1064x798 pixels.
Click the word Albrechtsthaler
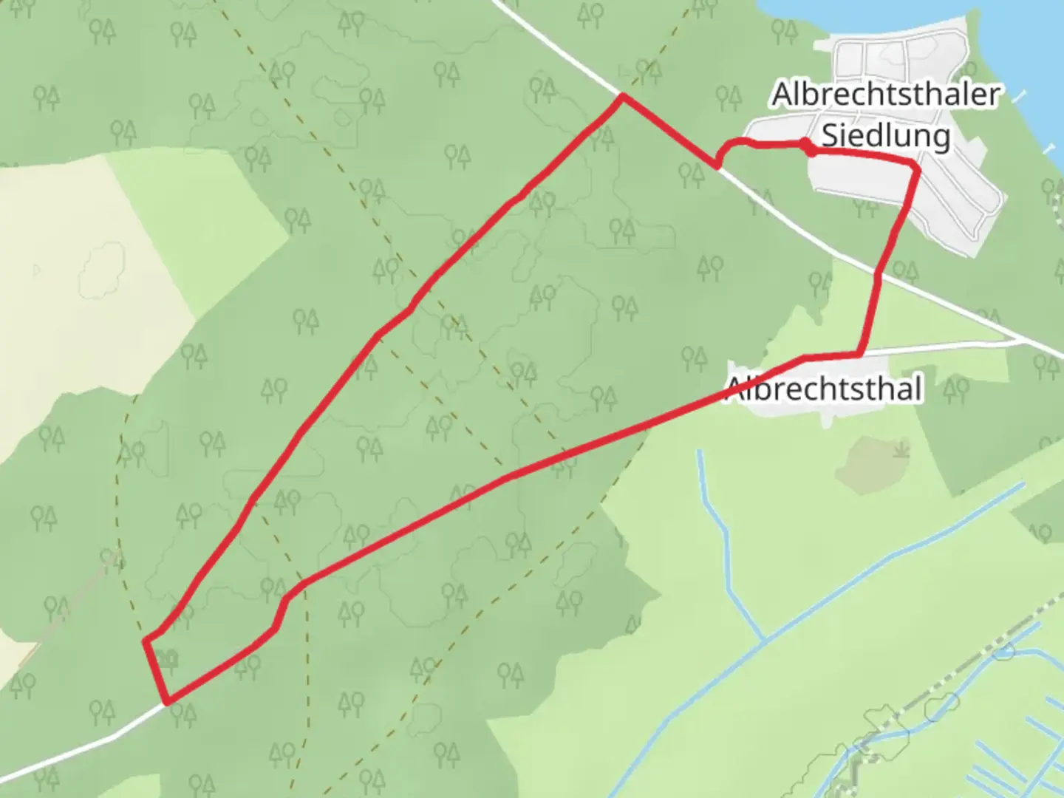pos(885,95)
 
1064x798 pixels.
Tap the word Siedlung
pos(885,136)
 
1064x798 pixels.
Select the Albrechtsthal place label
pos(825,389)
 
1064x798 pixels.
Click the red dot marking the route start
pos(811,150)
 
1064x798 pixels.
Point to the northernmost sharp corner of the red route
pos(623,96)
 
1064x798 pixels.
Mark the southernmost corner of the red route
pos(168,701)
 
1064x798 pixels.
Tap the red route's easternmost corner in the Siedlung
pos(918,170)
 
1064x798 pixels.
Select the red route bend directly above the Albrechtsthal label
pos(859,355)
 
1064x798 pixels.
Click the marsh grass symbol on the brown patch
pos(900,449)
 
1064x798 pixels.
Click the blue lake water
pos(1034,44)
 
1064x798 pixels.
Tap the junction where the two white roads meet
pos(1023,341)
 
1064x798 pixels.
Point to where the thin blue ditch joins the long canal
pos(765,639)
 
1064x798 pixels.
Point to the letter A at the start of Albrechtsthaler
pos(782,95)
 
